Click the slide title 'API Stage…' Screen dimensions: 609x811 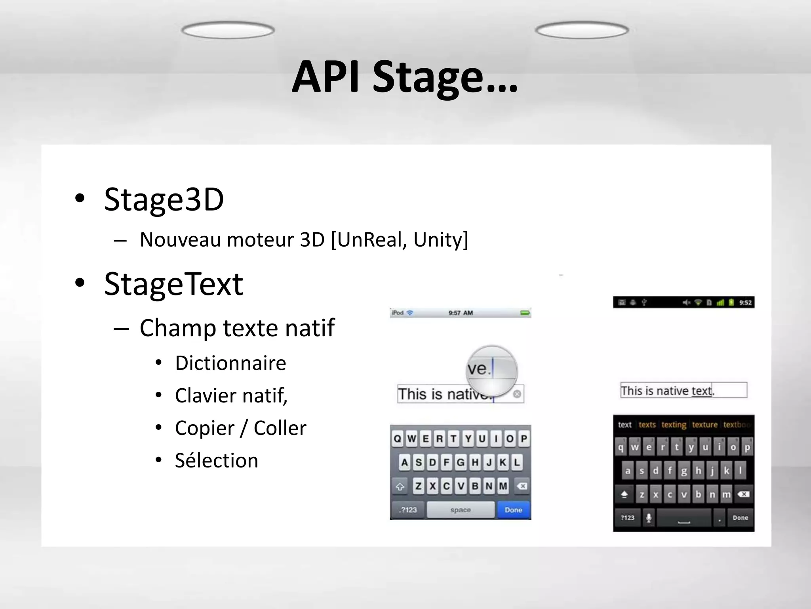coord(405,77)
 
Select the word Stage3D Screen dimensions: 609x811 coord(164,199)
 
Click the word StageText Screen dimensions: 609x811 coord(173,284)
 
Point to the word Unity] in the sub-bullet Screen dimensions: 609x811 coord(441,239)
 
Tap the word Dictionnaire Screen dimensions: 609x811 coord(230,363)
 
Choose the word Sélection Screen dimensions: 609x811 coord(217,461)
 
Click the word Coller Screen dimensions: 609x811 coord(280,428)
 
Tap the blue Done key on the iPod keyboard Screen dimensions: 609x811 coord(513,510)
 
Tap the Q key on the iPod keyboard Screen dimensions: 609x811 coord(398,439)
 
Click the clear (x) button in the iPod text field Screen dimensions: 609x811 coord(517,394)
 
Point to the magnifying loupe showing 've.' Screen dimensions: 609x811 coord(492,371)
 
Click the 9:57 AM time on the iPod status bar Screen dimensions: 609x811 coord(461,313)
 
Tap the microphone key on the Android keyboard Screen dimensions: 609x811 coord(649,518)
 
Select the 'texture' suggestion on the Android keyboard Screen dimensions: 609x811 coord(704,425)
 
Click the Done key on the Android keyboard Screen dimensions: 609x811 coord(740,518)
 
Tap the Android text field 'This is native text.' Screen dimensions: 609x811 coord(683,391)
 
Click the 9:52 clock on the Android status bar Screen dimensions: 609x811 coord(745,303)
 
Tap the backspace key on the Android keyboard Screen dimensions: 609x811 coord(743,494)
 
